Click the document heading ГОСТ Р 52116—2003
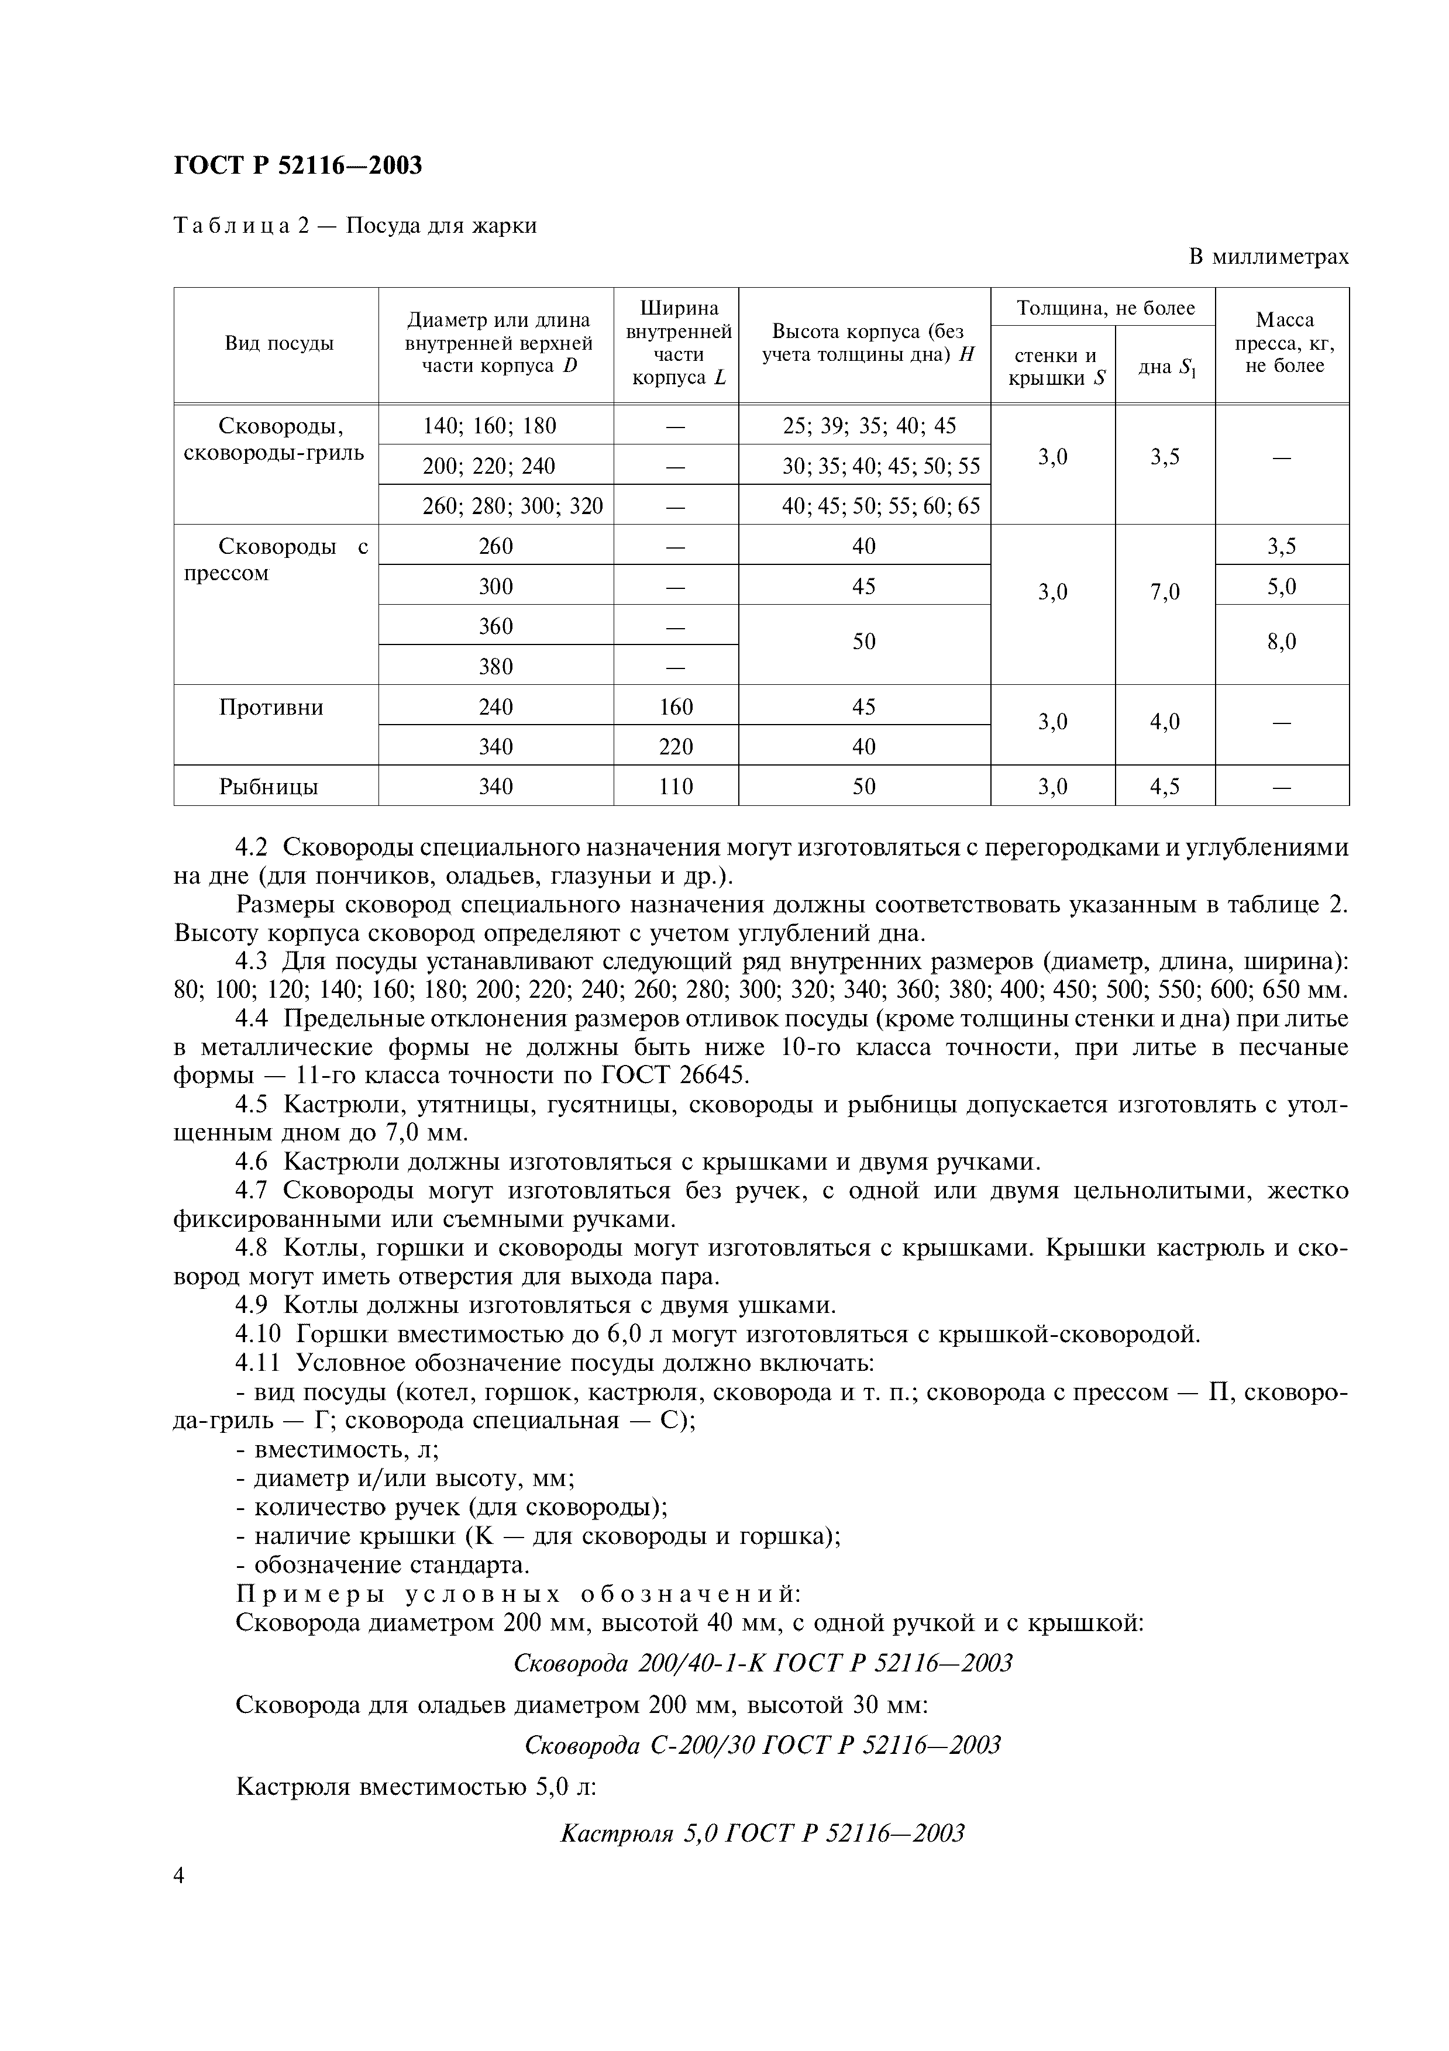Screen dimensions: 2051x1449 (298, 166)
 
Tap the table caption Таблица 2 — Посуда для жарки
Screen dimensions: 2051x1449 (354, 225)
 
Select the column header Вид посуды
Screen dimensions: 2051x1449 (278, 344)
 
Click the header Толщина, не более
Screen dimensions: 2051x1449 (1105, 308)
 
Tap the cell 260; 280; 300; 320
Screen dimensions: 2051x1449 (513, 506)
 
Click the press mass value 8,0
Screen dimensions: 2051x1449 (1281, 642)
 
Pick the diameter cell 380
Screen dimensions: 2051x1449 (496, 666)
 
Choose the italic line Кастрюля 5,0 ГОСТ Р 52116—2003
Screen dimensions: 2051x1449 (762, 1834)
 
